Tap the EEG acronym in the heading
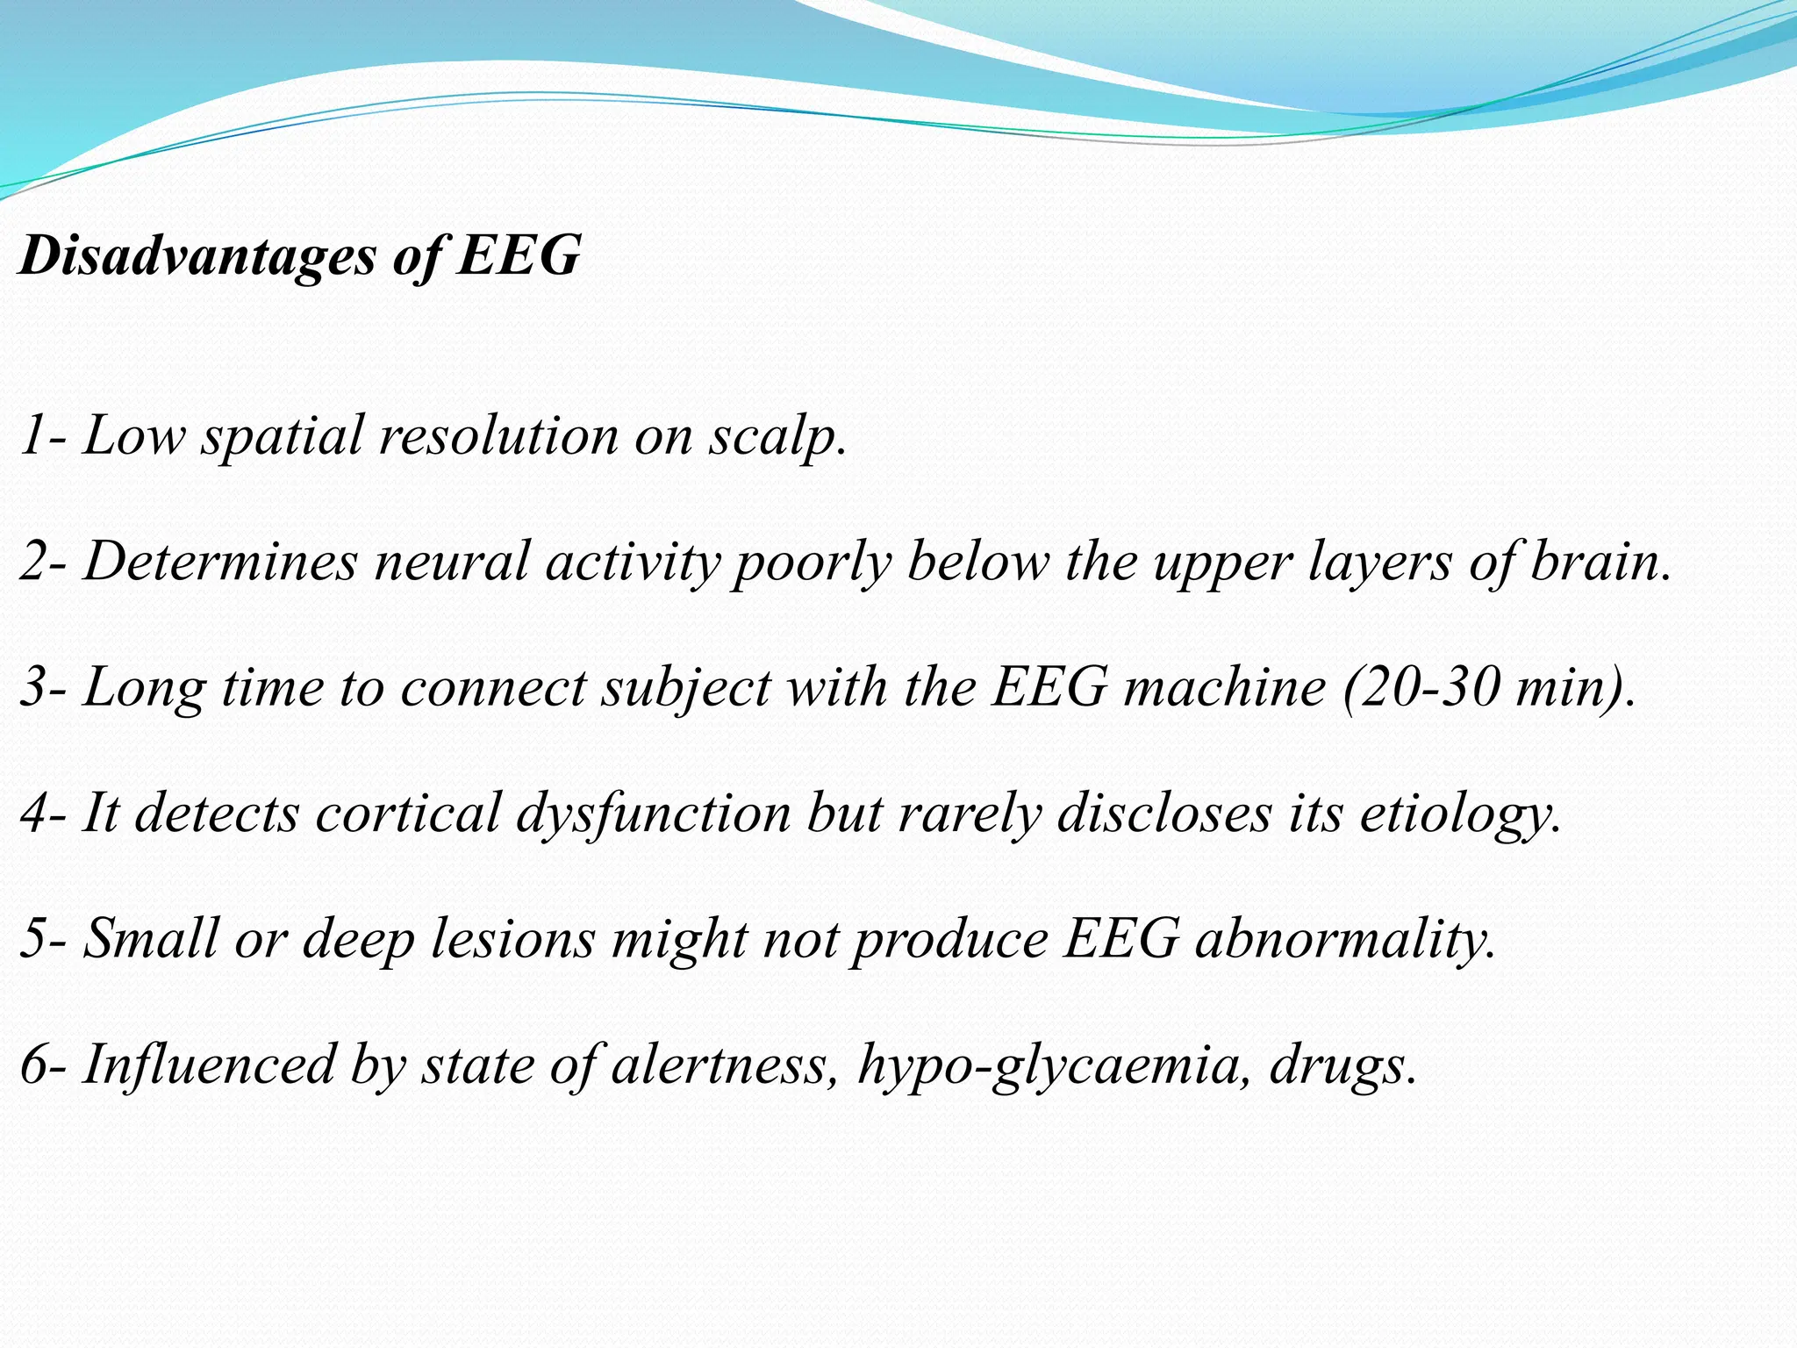pyautogui.click(x=519, y=256)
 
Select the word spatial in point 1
pyautogui.click(x=282, y=435)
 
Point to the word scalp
pyautogui.click(x=777, y=435)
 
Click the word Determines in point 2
pyautogui.click(x=220, y=561)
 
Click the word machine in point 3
pyautogui.click(x=1225, y=686)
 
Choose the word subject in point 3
pyautogui.click(x=685, y=686)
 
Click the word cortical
pyautogui.click(x=407, y=813)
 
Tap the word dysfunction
pyautogui.click(x=653, y=813)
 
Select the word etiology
pyautogui.click(x=1460, y=813)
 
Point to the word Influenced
pyautogui.click(x=209, y=1065)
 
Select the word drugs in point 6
pyautogui.click(x=1342, y=1065)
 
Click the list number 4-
pyautogui.click(x=43, y=813)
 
